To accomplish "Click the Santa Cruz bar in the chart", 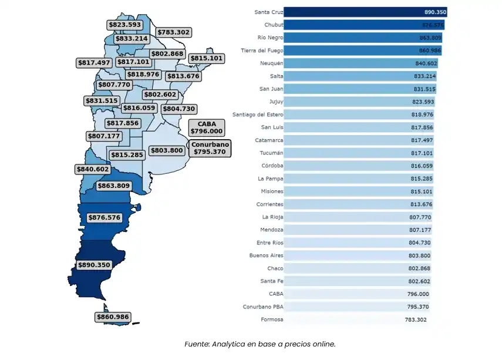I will (364, 12).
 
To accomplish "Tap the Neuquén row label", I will (271, 63).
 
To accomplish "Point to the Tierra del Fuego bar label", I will (262, 51).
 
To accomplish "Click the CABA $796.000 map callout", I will (207, 127).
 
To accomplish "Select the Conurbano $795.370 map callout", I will (210, 147).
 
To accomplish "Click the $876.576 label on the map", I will (104, 217).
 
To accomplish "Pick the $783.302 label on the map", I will (174, 32).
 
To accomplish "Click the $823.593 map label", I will (124, 25).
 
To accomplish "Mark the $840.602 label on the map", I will (93, 169).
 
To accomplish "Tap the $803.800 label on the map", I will (167, 150).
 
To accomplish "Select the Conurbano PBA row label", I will (262, 307).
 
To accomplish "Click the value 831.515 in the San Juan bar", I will (424, 89).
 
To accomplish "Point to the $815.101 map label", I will (206, 58).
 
